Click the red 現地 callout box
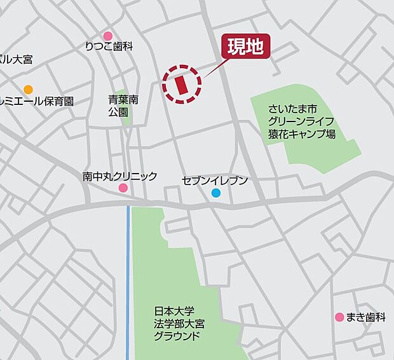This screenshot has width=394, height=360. [x=245, y=47]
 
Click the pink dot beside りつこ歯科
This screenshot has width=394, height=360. [x=108, y=36]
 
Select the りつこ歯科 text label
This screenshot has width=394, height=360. [x=109, y=46]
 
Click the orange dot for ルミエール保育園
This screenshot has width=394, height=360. [x=28, y=89]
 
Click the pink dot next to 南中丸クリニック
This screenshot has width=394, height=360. [x=123, y=188]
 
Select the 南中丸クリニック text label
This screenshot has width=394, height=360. [x=119, y=176]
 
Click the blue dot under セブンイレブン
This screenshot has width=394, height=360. [x=216, y=193]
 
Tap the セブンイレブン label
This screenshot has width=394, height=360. [x=214, y=181]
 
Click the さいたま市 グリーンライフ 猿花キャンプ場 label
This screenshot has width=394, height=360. [x=301, y=121]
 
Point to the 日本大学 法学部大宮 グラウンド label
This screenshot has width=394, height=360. [x=179, y=324]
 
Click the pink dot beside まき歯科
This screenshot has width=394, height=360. [x=339, y=317]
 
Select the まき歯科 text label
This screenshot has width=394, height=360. [x=365, y=317]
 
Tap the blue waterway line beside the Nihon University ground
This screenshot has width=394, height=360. [x=128, y=280]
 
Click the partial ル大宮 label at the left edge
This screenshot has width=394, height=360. [x=16, y=60]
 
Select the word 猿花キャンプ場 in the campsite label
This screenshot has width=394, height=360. [x=301, y=134]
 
